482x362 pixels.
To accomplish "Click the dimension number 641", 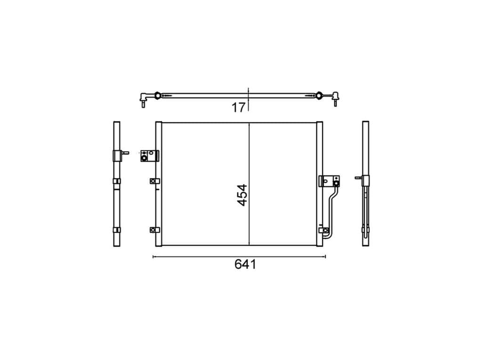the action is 245,264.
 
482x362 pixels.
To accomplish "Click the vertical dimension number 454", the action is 242,195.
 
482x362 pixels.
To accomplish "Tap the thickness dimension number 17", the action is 239,107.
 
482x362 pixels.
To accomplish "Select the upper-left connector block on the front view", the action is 149,156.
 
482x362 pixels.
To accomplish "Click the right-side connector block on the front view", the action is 329,181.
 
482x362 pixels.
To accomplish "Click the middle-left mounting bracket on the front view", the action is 154,181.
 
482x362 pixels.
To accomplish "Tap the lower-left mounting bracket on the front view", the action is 154,230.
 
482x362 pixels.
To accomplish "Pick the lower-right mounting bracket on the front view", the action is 323,230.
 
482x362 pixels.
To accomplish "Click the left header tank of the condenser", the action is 159,184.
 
